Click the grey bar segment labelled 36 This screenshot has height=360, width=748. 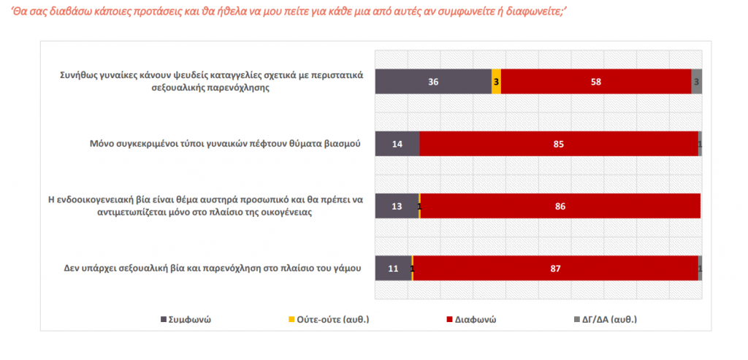433,82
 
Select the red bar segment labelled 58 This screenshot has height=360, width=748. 596,82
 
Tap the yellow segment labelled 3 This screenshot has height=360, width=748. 497,82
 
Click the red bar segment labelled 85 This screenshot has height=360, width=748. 559,144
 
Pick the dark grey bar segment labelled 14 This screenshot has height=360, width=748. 397,144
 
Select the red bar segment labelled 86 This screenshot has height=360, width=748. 560,207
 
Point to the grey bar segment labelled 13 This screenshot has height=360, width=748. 397,207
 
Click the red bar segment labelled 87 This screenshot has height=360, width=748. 556,269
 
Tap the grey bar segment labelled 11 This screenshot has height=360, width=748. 393,269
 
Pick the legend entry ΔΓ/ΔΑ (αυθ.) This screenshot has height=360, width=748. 611,319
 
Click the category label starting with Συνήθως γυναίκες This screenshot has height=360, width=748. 213,81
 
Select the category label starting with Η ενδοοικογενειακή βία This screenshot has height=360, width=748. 211,206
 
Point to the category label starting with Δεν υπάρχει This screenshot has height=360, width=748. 213,268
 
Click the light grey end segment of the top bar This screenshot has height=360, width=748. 696,82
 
